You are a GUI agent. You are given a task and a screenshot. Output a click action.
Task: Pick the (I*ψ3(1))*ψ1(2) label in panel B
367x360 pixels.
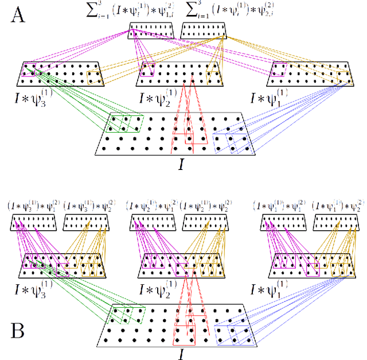click(33, 206)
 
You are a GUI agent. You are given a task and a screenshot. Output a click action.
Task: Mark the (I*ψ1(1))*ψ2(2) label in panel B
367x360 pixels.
click(338, 206)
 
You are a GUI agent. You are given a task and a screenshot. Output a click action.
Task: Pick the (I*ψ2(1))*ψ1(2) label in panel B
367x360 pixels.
click(151, 206)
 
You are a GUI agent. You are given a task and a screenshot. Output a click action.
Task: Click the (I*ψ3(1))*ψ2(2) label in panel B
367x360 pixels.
click(88, 206)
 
